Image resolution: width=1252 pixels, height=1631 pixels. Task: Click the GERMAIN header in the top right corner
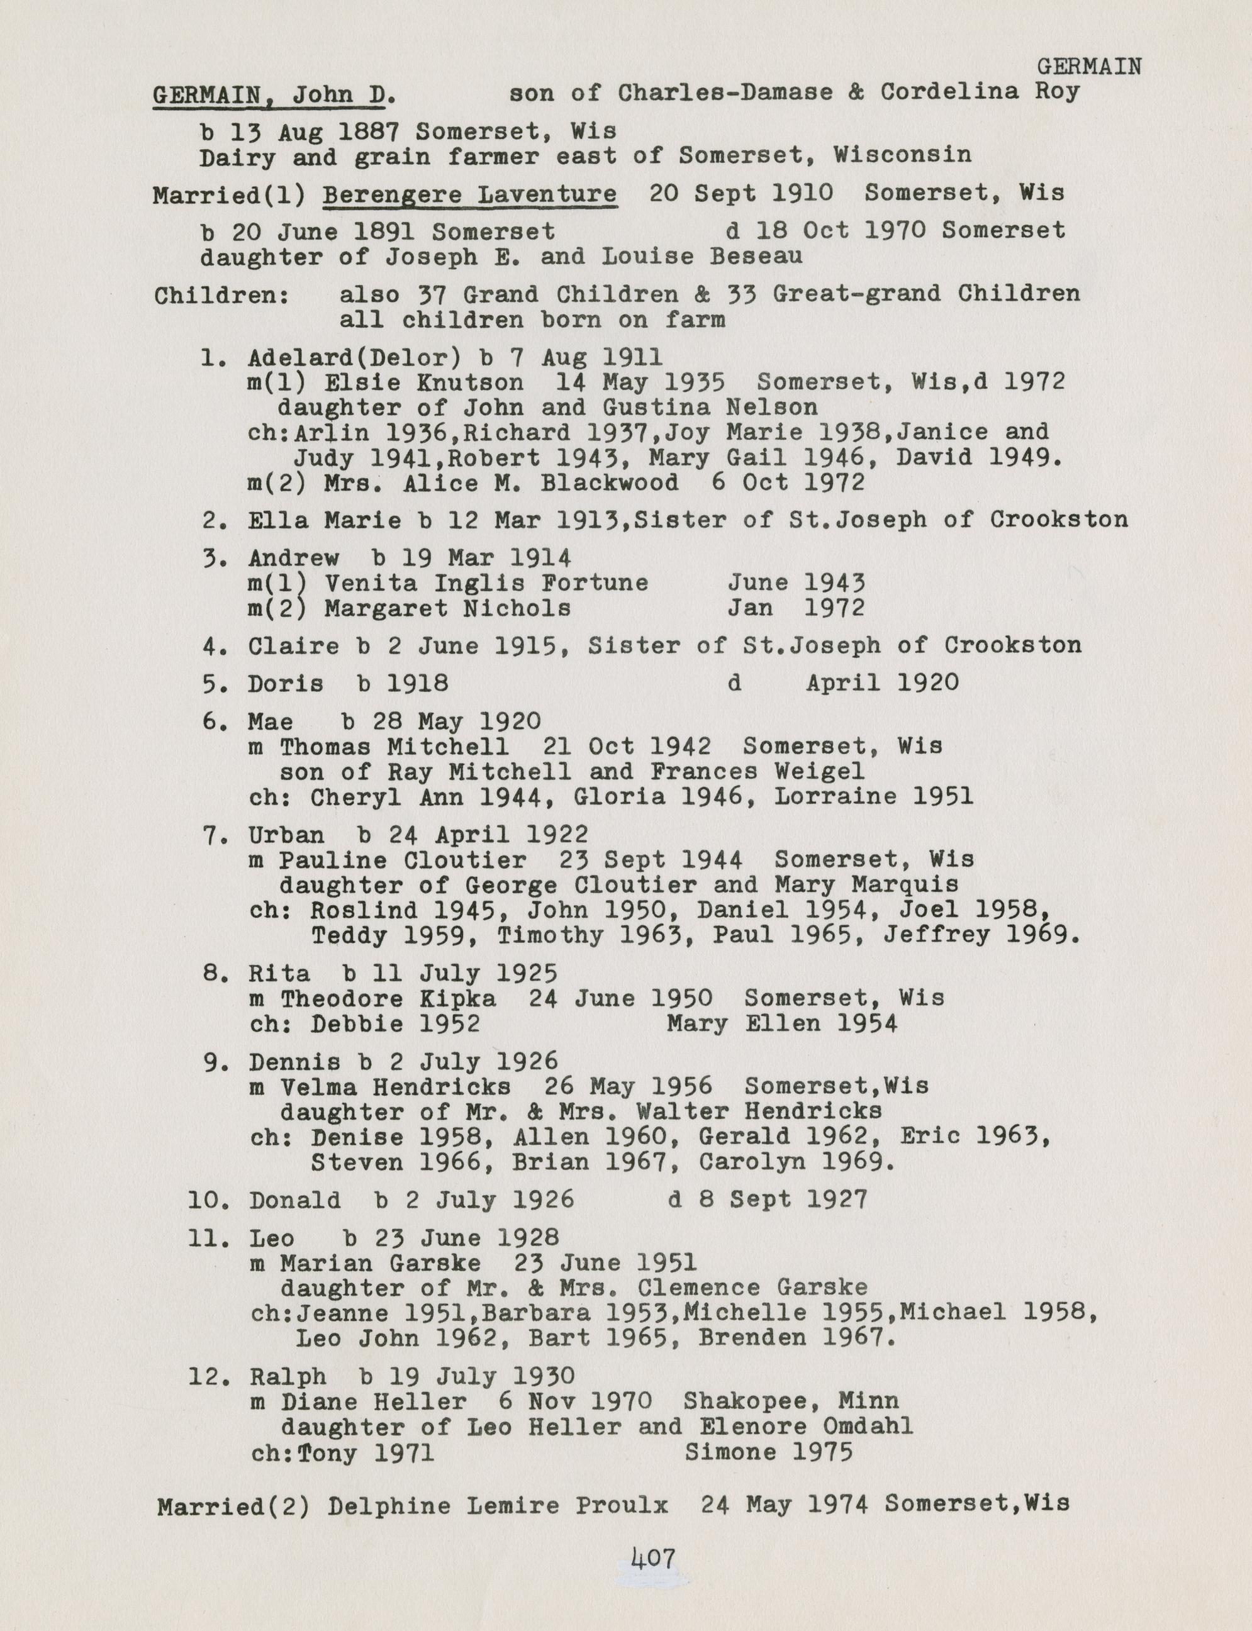pyautogui.click(x=1089, y=67)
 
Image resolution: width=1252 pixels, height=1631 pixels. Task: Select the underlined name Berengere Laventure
pyautogui.click(x=469, y=194)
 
